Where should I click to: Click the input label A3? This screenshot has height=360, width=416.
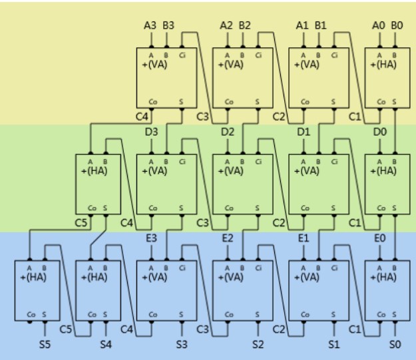tap(150, 26)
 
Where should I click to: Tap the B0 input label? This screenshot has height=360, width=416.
tap(397, 26)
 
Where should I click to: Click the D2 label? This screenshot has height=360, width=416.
tap(228, 132)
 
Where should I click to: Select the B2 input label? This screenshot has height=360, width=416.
tap(244, 26)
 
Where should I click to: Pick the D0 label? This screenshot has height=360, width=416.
tap(380, 132)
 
